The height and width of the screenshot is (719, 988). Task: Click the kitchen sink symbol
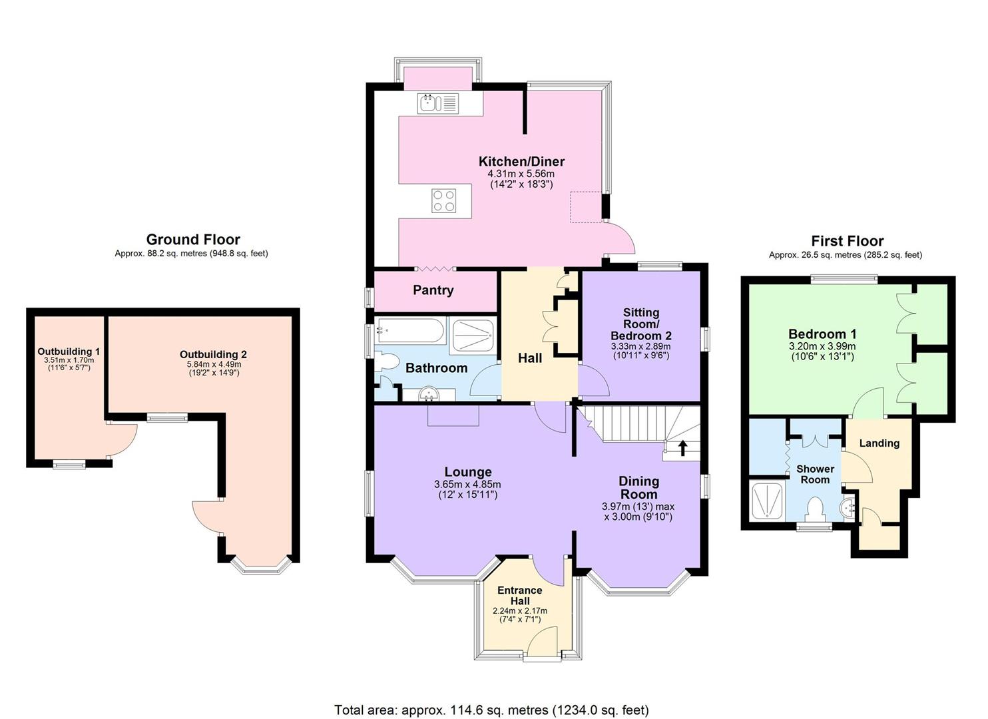tap(437, 104)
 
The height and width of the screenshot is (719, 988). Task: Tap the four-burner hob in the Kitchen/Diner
tap(444, 200)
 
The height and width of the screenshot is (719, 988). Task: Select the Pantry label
tap(433, 290)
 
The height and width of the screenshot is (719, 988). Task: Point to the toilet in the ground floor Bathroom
tap(385, 362)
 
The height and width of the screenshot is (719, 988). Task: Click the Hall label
tap(530, 358)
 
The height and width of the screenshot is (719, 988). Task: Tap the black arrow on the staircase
tap(682, 447)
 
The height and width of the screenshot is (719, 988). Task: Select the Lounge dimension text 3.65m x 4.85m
tap(467, 485)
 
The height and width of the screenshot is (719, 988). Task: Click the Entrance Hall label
tap(520, 596)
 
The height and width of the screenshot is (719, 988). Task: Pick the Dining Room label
tap(638, 487)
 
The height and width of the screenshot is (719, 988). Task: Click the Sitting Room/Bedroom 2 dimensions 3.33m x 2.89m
tap(640, 347)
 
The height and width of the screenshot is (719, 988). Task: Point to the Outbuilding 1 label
tap(69, 352)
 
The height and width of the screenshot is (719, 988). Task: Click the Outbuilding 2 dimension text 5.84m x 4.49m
tap(213, 364)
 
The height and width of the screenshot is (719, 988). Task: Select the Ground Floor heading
tap(193, 240)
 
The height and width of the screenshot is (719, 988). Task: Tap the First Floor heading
tap(847, 241)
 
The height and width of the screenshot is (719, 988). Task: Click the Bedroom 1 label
tap(822, 334)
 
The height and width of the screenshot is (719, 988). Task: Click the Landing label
tap(879, 443)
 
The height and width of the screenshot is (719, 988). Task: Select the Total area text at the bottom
tap(491, 710)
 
